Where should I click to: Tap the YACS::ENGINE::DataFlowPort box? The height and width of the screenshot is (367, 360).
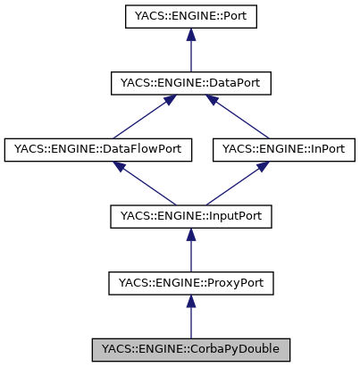click(x=98, y=150)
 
